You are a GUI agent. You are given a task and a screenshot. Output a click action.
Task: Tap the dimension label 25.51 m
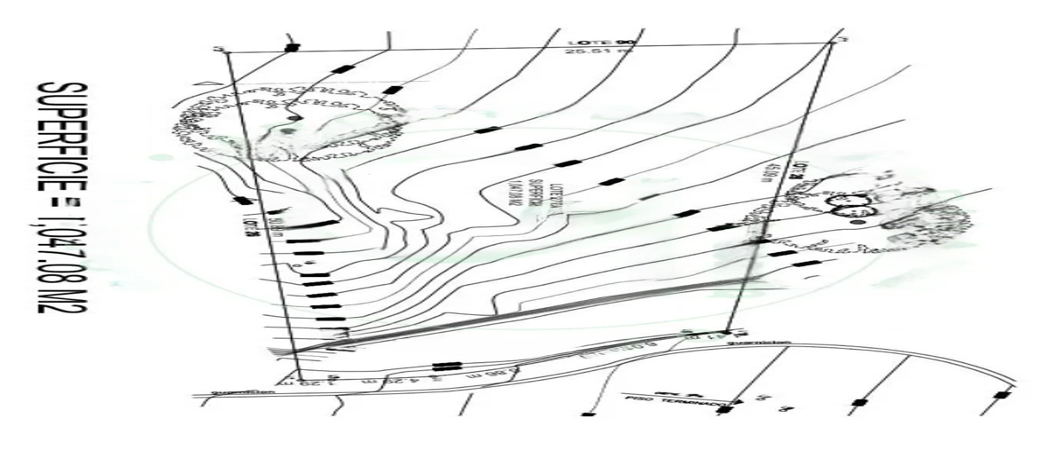[583, 51]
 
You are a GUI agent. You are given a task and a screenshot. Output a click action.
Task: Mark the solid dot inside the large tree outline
[293, 118]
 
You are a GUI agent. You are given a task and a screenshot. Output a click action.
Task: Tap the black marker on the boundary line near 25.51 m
[292, 47]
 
